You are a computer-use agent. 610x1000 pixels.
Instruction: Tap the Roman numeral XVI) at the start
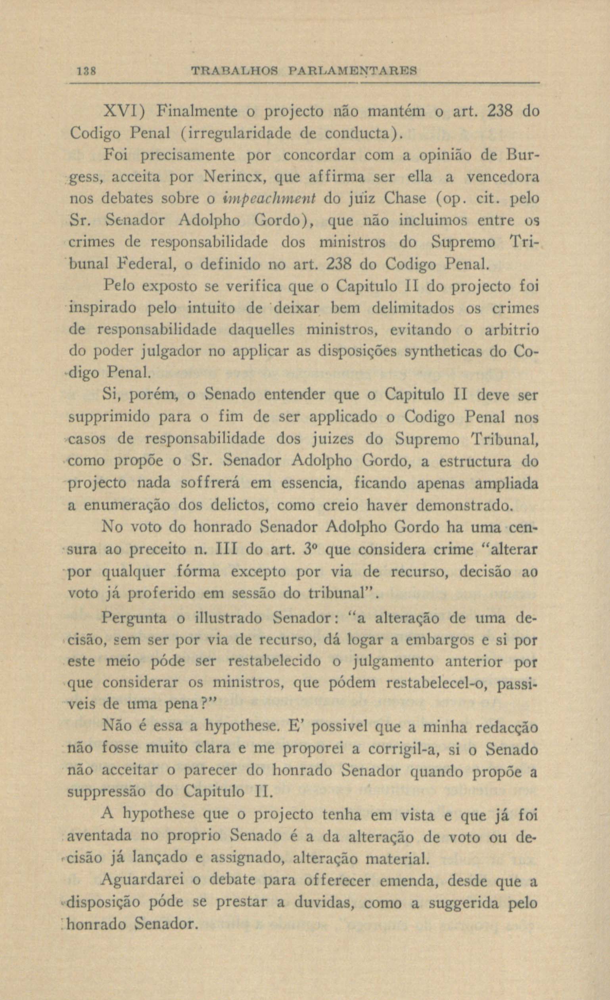click(x=124, y=111)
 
